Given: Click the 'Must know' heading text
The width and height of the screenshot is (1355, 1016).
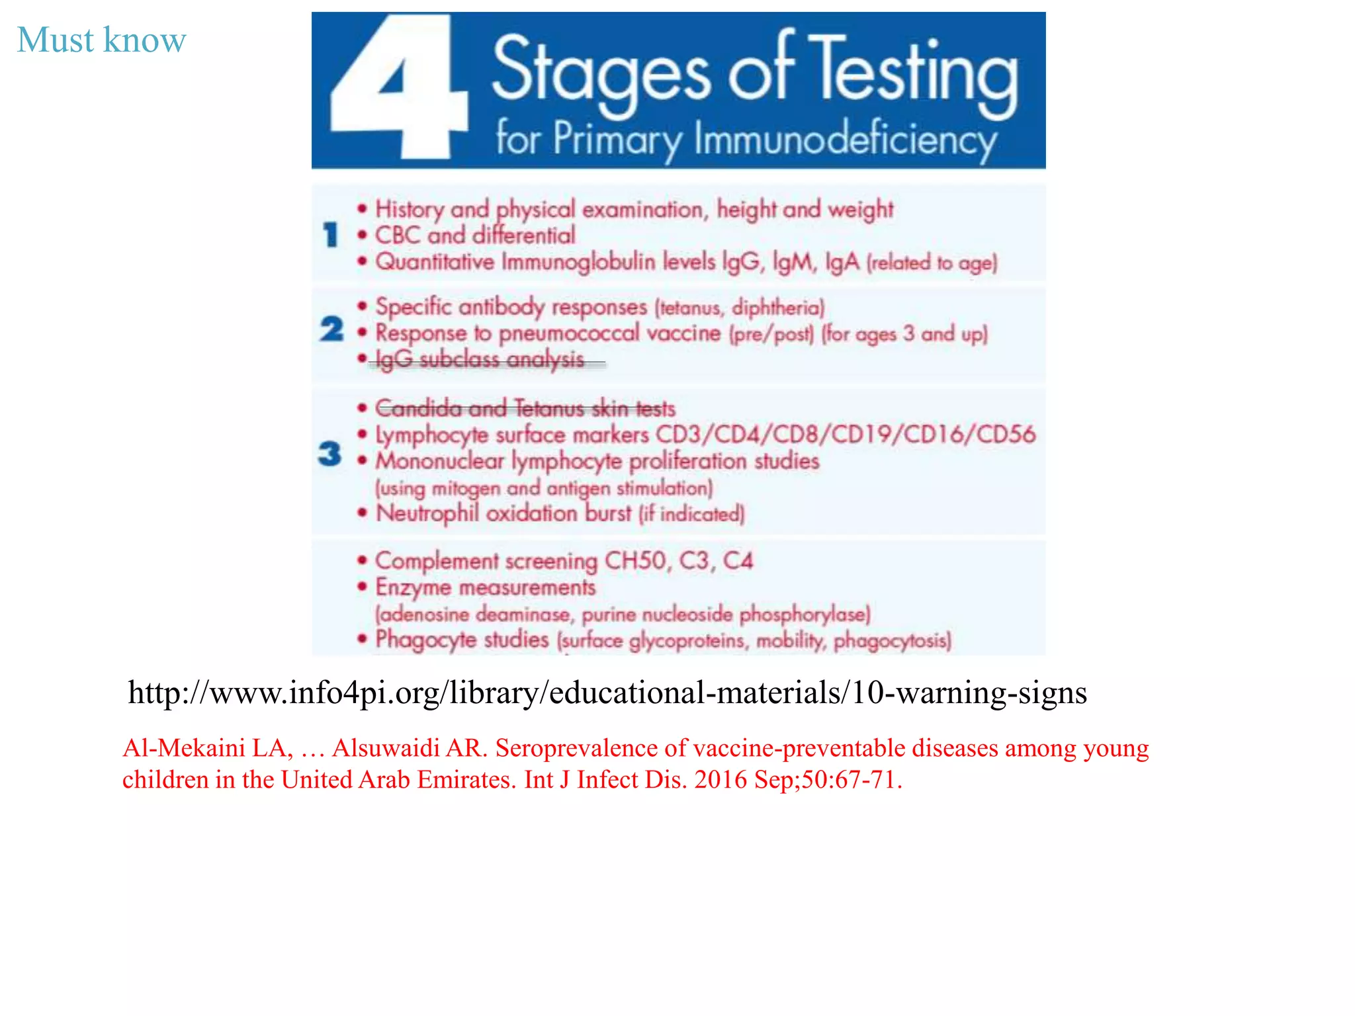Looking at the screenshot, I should pyautogui.click(x=101, y=40).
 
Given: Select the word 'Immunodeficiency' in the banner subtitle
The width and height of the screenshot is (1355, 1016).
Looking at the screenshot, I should pyautogui.click(x=846, y=140).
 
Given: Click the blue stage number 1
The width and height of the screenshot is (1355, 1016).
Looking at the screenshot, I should pyautogui.click(x=331, y=235).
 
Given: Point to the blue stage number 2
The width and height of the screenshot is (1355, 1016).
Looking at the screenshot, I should pyautogui.click(x=331, y=329).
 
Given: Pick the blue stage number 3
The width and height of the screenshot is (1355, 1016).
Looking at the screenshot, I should pyautogui.click(x=330, y=454).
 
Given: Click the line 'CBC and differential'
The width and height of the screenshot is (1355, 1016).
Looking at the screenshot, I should pyautogui.click(x=475, y=235).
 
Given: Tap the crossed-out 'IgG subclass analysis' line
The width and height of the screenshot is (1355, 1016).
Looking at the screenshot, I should pyautogui.click(x=480, y=360).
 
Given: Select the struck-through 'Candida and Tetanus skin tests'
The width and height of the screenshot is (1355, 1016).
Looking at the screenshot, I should pyautogui.click(x=525, y=409).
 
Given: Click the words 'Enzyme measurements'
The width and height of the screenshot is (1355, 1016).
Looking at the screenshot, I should pyautogui.click(x=486, y=587).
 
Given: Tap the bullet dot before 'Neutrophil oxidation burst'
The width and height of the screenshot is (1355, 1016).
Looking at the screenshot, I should pyautogui.click(x=362, y=513).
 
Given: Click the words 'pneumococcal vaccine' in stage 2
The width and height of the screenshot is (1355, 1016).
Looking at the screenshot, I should pyautogui.click(x=609, y=333).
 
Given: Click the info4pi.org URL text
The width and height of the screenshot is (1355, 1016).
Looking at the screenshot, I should pyautogui.click(x=607, y=693).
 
